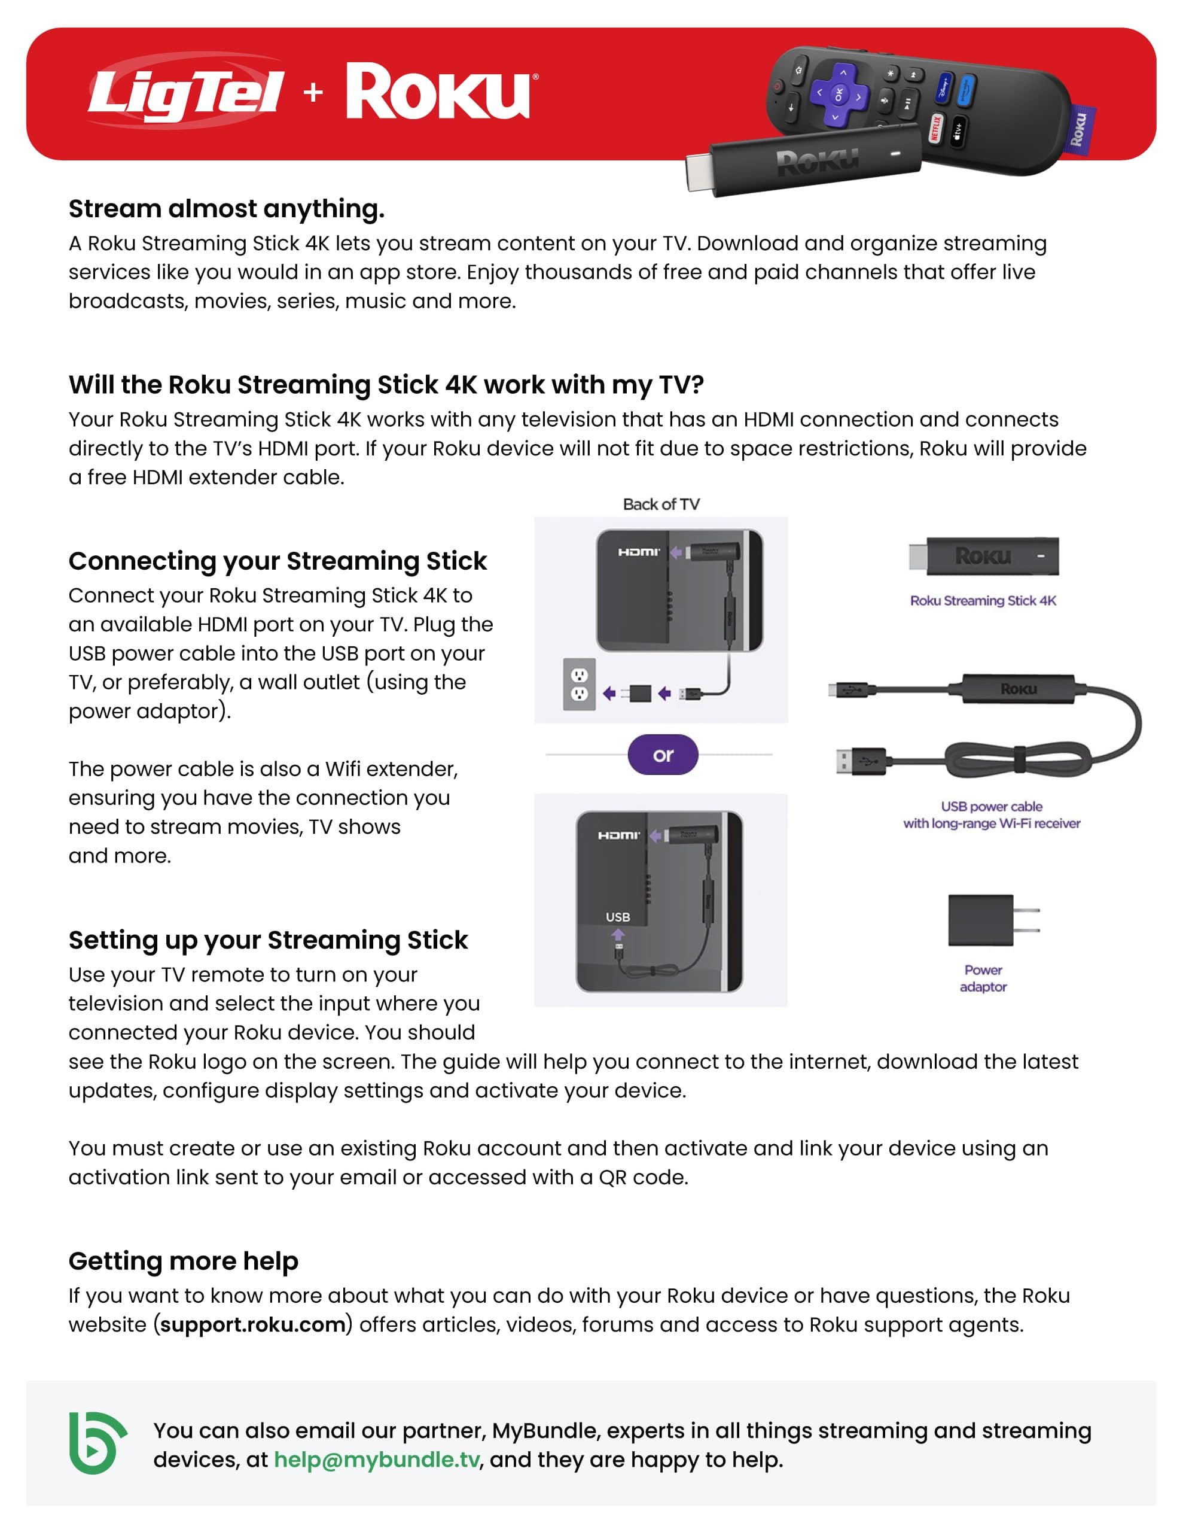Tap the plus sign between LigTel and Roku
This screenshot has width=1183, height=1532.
pyautogui.click(x=313, y=92)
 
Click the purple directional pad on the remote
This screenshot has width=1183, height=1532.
pyautogui.click(x=839, y=94)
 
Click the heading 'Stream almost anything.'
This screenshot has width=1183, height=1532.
pyautogui.click(x=227, y=208)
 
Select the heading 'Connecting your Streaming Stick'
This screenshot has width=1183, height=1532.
pyautogui.click(x=277, y=561)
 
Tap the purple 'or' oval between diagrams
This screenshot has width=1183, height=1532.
pyautogui.click(x=663, y=755)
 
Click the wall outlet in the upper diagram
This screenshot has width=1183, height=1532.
pyautogui.click(x=579, y=684)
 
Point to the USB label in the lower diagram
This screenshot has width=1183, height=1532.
pyautogui.click(x=617, y=917)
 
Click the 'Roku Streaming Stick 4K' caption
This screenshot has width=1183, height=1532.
pyautogui.click(x=983, y=600)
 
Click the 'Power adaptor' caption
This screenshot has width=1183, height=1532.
pyautogui.click(x=983, y=978)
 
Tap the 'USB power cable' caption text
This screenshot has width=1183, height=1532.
pyautogui.click(x=991, y=807)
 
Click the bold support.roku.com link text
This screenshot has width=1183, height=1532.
pyautogui.click(x=252, y=1324)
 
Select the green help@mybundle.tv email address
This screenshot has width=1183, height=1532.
pyautogui.click(x=377, y=1460)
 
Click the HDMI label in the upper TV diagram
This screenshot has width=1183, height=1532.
pyautogui.click(x=638, y=552)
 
